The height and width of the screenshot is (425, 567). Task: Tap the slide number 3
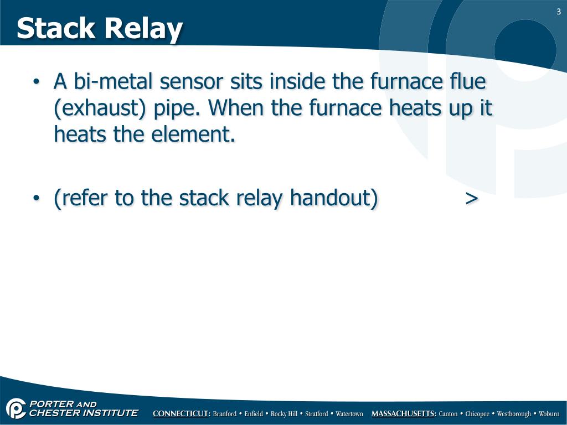point(559,13)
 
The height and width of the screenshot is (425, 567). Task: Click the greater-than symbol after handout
point(472,198)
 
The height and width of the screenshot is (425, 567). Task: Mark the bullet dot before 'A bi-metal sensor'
point(36,83)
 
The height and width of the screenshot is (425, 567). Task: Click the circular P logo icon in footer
point(16,408)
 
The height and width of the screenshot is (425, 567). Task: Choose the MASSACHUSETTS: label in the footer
point(404,414)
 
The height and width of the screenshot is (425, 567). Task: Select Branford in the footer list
point(225,414)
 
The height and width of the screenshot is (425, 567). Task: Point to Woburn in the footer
point(549,414)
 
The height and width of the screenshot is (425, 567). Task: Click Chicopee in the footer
point(477,414)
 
